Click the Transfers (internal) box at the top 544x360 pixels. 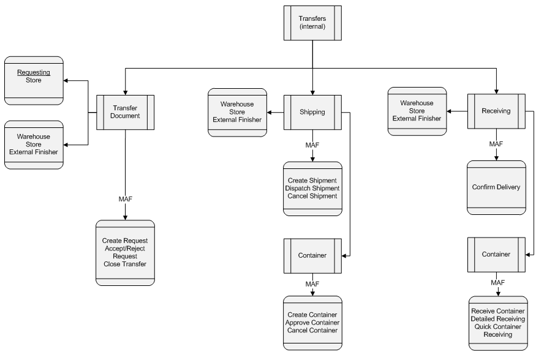point(312,23)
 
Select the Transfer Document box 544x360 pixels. point(125,112)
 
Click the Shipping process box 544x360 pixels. point(312,112)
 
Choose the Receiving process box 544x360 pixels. point(497,111)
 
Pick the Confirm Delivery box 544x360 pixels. point(497,187)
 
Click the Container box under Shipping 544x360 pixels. point(312,256)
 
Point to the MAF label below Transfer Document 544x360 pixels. point(125,199)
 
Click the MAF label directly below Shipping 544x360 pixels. point(312,144)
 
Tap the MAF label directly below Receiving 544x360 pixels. point(497,143)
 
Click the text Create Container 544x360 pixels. point(312,314)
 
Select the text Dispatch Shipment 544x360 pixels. point(312,188)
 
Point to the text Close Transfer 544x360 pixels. point(125,264)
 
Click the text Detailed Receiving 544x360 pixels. point(497,318)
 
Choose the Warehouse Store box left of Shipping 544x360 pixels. point(237,111)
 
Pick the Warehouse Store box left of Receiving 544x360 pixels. point(417,111)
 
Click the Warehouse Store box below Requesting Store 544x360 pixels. point(34,144)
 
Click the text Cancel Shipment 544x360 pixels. point(312,196)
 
